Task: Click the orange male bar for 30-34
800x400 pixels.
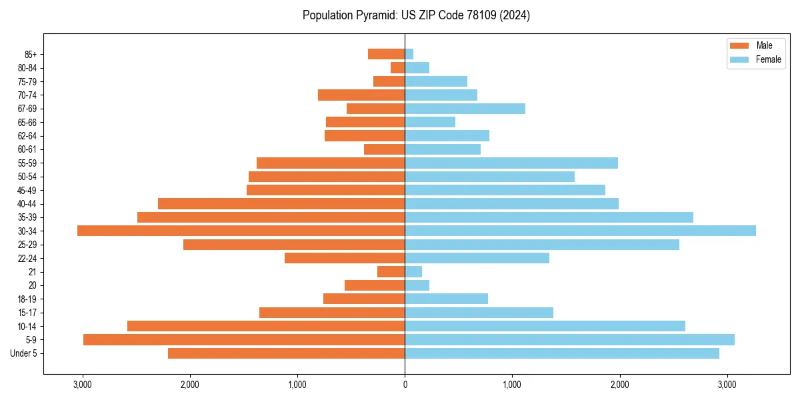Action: point(241,231)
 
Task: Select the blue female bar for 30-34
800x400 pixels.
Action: point(580,231)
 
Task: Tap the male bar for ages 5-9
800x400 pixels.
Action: point(244,340)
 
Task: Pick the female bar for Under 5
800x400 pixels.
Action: point(562,353)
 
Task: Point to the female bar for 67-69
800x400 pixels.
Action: point(465,109)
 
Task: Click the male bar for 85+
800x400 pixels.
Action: point(386,54)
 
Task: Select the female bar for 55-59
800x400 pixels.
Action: point(511,163)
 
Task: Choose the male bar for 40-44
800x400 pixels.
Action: point(281,203)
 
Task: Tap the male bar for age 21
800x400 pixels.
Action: point(391,272)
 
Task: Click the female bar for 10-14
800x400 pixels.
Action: point(545,326)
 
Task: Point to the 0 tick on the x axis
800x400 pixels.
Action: point(405,384)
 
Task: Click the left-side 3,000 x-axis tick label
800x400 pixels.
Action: point(83,384)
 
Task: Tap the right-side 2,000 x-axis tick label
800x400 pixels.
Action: point(619,384)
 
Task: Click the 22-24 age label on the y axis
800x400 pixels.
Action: point(27,258)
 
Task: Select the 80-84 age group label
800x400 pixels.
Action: point(27,68)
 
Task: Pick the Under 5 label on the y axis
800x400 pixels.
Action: point(24,353)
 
